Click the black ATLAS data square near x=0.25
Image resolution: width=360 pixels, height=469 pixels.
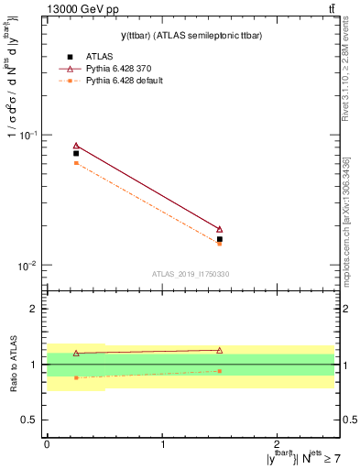click(x=76, y=154)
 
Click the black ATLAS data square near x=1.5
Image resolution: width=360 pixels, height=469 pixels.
click(x=220, y=239)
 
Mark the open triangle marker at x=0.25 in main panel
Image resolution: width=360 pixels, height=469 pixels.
click(x=76, y=146)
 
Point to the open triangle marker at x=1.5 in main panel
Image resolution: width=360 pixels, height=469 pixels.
click(x=220, y=229)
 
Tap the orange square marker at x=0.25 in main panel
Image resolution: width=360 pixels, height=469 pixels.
click(x=76, y=163)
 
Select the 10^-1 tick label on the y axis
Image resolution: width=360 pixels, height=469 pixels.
click(x=28, y=135)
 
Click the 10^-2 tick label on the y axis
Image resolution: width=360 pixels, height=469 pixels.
click(x=28, y=266)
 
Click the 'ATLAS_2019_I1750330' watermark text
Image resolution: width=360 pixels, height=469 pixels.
click(x=191, y=274)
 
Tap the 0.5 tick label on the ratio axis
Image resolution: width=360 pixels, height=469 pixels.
click(x=29, y=420)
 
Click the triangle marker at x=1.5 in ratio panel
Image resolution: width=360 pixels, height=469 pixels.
click(x=220, y=350)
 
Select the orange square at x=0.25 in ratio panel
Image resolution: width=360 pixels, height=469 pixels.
click(x=76, y=377)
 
